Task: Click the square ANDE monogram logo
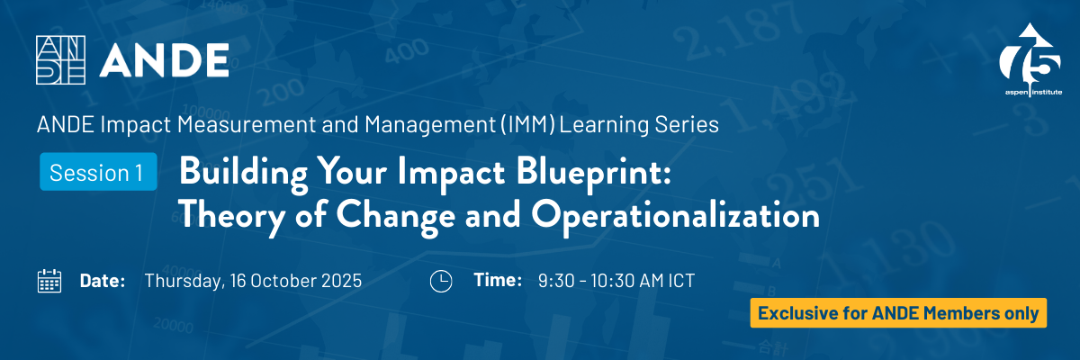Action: click(x=61, y=59)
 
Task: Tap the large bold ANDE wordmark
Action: click(x=164, y=60)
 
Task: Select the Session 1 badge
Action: click(x=98, y=172)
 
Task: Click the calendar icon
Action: click(x=49, y=281)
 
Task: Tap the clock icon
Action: click(x=441, y=281)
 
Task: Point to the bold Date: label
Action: click(x=103, y=281)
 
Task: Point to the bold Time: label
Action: click(x=498, y=280)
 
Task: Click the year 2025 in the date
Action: click(x=341, y=281)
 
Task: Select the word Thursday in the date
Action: click(x=185, y=281)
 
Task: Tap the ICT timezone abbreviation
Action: click(x=681, y=281)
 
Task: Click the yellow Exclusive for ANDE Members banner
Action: click(x=898, y=313)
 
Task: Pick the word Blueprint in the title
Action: click(x=593, y=173)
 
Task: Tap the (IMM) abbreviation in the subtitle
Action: click(x=528, y=124)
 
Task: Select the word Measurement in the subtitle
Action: click(x=247, y=124)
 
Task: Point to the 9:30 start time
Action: click(x=556, y=281)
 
